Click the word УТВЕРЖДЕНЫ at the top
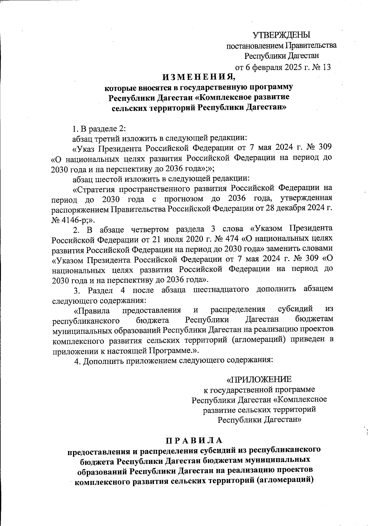pyautogui.click(x=282, y=35)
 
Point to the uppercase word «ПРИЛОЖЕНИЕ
pyautogui.click(x=259, y=379)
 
